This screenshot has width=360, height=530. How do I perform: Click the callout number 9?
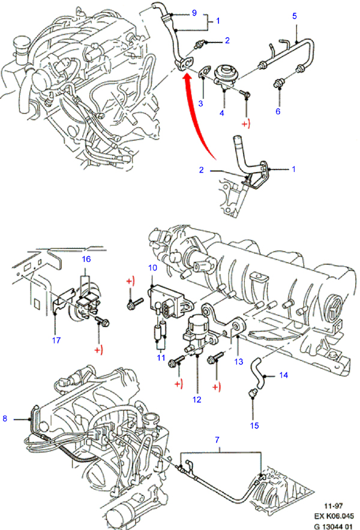194,13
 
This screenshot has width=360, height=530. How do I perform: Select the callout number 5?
295,16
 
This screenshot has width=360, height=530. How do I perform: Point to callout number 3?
201,104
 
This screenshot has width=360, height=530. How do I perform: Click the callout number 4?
221,112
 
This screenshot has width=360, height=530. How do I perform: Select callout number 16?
86,259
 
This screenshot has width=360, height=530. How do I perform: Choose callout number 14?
284,375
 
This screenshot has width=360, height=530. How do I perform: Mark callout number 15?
254,426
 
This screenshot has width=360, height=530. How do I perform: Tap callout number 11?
161,357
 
